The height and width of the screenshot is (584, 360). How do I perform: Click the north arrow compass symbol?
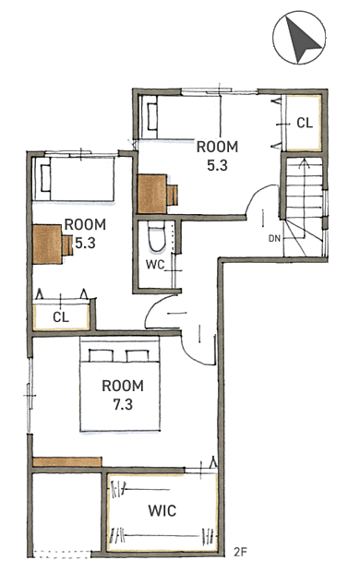299,37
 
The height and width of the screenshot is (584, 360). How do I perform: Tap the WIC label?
162,510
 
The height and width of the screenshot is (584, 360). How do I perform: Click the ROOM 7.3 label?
123,395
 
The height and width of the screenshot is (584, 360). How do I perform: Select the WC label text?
155,265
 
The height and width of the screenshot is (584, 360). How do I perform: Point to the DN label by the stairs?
274,238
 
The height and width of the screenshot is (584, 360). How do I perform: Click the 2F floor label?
240,552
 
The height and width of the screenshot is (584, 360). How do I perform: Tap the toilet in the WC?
157,236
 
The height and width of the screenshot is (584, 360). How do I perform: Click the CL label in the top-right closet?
305,123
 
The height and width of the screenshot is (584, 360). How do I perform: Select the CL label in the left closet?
61,317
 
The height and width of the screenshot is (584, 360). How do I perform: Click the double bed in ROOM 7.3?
120,385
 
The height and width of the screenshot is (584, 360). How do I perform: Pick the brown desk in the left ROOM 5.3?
47,244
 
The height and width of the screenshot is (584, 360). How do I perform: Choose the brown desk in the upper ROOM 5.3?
152,194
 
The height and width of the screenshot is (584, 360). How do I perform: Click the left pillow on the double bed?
101,356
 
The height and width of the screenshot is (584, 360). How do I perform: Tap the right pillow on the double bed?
138,356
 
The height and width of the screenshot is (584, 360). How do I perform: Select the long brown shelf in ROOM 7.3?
67,462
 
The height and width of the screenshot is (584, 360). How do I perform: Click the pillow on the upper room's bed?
152,116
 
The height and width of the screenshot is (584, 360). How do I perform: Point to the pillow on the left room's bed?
45,178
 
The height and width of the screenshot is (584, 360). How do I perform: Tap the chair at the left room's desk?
67,245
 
